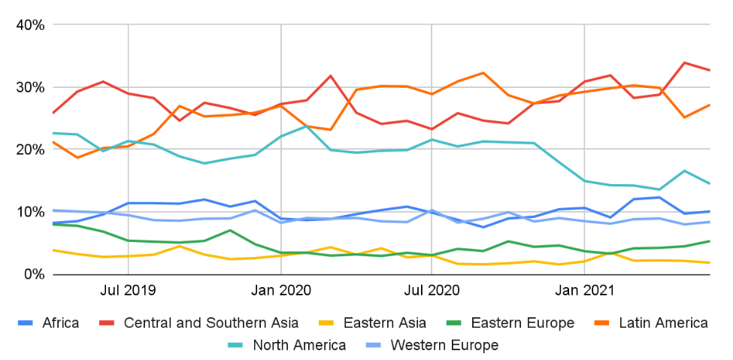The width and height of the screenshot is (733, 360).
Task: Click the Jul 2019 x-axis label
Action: pyautogui.click(x=128, y=290)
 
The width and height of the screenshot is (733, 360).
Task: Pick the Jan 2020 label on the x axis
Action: pyautogui.click(x=280, y=290)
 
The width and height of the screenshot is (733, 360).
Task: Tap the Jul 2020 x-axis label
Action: pyautogui.click(x=432, y=290)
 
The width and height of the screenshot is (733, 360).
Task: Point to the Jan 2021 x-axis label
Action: pyautogui.click(x=583, y=290)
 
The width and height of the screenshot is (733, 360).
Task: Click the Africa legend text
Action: pyautogui.click(x=61, y=323)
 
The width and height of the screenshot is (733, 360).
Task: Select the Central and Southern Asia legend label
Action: pyautogui.click(x=211, y=323)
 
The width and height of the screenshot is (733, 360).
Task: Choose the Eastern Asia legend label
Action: pyautogui.click(x=384, y=323)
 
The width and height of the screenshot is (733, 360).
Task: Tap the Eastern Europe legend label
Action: pyautogui.click(x=522, y=323)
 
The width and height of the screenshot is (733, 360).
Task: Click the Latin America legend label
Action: pyautogui.click(x=663, y=323)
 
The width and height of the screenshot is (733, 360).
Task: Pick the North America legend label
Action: pyautogui.click(x=299, y=346)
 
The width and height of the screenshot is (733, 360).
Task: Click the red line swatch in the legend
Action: pyautogui.click(x=108, y=323)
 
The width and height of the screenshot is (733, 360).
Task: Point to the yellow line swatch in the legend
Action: pyautogui.click(x=327, y=323)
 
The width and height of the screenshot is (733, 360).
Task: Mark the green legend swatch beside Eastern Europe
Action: pyautogui.click(x=455, y=323)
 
